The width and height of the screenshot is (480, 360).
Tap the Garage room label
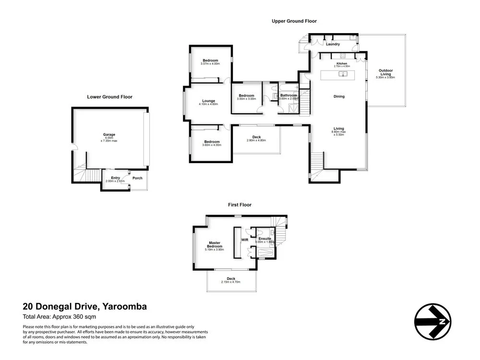pos(109,134)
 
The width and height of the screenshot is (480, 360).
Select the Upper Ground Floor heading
pos(294,21)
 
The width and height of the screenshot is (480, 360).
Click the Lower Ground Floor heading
pos(109,97)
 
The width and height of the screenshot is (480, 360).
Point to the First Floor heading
pos(240,204)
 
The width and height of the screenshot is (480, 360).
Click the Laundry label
pos(333,44)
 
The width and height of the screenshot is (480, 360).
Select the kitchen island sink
pos(344,74)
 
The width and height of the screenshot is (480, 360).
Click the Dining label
pos(339,96)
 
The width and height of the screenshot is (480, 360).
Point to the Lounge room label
pos(209,101)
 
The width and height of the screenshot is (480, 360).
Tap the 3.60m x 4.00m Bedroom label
pos(212,142)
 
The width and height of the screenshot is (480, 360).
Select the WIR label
pos(244,239)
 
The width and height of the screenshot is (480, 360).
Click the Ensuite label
pos(265,239)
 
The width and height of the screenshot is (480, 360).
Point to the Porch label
pos(137,178)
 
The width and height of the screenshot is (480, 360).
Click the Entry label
pos(115,178)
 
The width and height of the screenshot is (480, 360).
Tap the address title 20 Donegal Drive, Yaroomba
pos(85,306)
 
